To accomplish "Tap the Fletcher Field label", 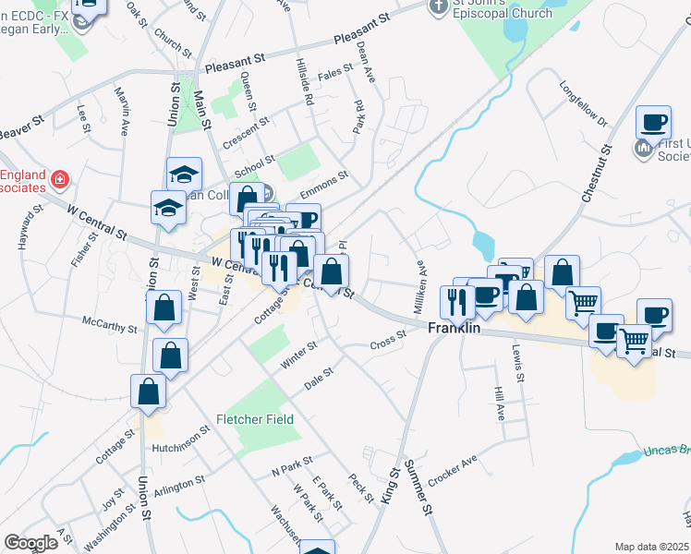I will (x=255, y=419).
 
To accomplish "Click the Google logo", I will (x=30, y=542).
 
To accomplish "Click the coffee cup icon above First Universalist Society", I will (x=653, y=121).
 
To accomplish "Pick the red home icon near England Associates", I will (x=60, y=177).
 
